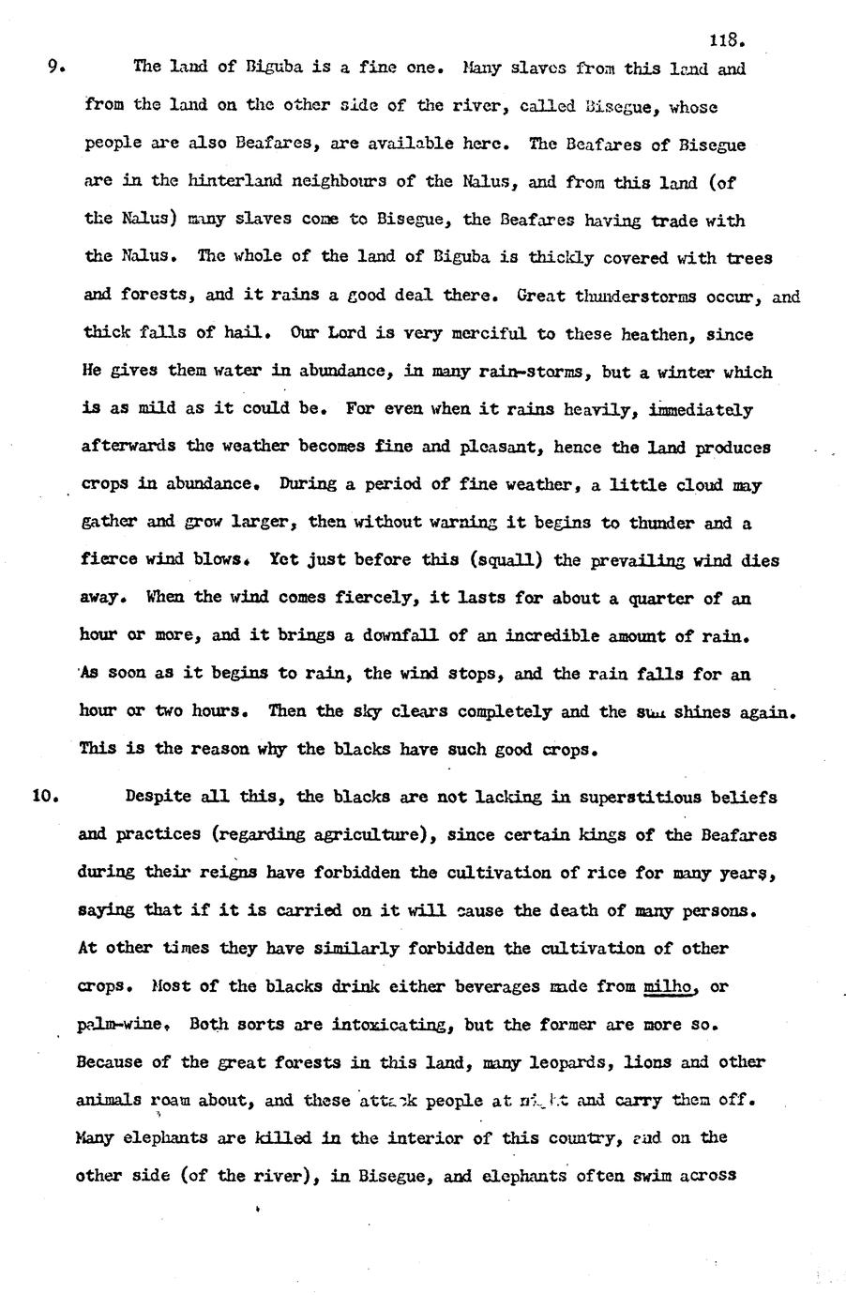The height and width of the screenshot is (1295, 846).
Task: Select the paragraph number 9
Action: coord(56,67)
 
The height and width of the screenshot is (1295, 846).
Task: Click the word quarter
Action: coord(657,598)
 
